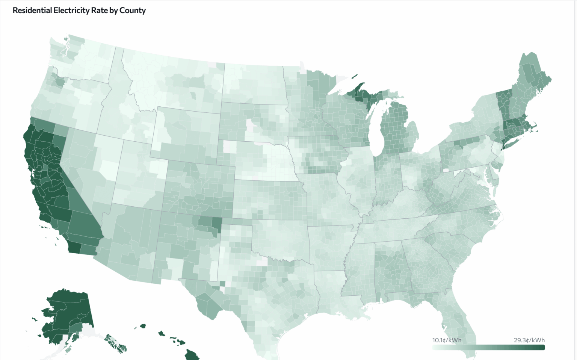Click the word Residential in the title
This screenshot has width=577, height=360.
coord(32,11)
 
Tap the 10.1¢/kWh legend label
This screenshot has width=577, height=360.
coord(447,340)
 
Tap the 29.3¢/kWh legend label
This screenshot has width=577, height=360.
coord(529,340)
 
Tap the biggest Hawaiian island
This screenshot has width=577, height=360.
coord(192,354)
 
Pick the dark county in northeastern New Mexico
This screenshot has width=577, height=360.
coord(217,223)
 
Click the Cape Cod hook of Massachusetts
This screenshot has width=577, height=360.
coord(535,130)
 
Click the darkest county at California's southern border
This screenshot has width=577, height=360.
coord(74,247)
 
